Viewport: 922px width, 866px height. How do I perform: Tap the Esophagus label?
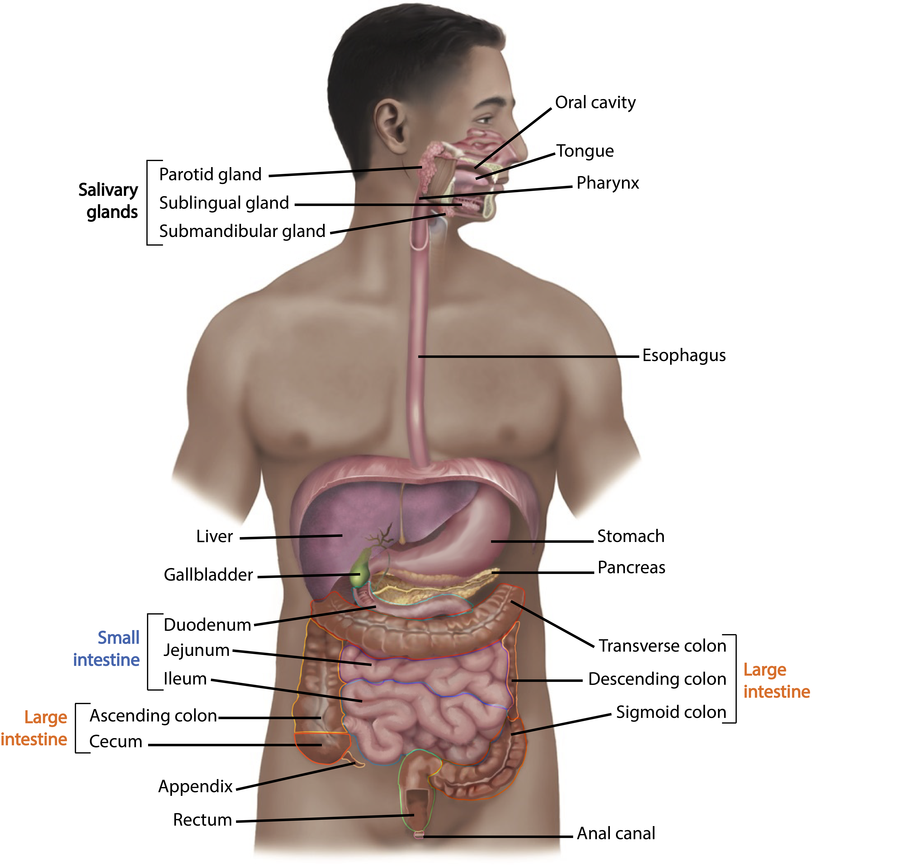coord(684,355)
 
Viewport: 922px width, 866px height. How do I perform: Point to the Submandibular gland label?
coord(242,231)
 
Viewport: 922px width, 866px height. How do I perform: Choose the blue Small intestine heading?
coord(107,649)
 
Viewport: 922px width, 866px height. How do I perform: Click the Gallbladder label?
coord(208,575)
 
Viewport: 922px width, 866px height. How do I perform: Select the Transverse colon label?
coord(662,645)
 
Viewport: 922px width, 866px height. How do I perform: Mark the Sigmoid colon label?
coord(671,712)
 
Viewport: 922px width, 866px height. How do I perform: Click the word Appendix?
coord(195,786)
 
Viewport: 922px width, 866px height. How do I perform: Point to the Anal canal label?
coord(616,833)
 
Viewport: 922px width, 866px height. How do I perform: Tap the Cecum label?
coord(115,741)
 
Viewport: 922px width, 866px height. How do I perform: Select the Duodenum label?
coord(207,625)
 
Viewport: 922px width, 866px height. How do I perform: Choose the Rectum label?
coord(202,820)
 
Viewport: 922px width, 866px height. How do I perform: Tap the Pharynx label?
coord(608,183)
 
